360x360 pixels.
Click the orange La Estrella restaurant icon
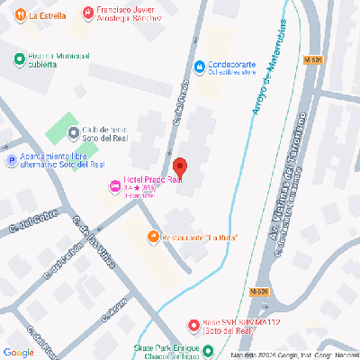click(21, 15)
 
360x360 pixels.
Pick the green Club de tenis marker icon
click(72, 134)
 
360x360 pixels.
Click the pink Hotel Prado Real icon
click(113, 186)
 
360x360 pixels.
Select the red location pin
click(179, 167)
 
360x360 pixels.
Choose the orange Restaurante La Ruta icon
click(153, 237)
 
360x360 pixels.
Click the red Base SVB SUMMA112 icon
click(193, 325)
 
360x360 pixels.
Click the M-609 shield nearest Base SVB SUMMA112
click(259, 292)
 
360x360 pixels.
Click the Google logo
click(19, 351)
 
